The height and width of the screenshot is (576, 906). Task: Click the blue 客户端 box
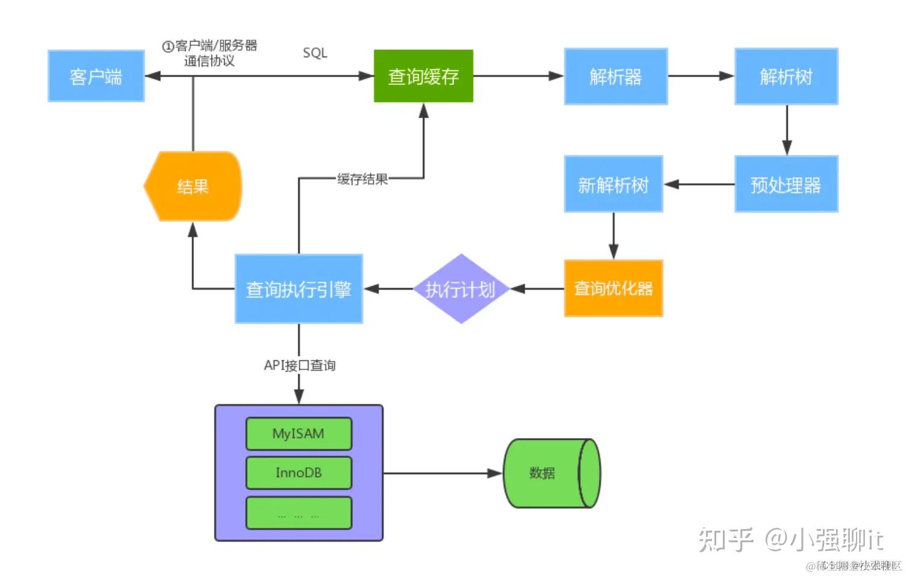click(96, 77)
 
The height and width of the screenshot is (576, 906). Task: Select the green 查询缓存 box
click(423, 77)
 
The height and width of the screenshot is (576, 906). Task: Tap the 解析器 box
click(616, 77)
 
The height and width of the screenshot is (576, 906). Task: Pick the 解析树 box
click(786, 77)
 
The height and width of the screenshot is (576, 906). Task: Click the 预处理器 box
click(786, 184)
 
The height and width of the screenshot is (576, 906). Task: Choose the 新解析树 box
click(613, 184)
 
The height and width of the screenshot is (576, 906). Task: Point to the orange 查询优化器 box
click(613, 289)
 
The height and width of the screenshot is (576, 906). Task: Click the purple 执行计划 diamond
click(461, 289)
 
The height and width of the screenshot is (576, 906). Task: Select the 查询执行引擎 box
click(299, 289)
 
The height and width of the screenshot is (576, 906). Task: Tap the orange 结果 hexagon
click(193, 186)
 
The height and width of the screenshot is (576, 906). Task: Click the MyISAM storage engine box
click(299, 434)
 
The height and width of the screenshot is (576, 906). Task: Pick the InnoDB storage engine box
click(299, 473)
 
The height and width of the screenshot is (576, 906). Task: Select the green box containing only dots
click(299, 513)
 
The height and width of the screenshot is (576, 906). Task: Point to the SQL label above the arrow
click(315, 53)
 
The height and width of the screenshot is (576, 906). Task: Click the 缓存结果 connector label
click(362, 179)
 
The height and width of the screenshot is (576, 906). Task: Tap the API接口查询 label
click(299, 365)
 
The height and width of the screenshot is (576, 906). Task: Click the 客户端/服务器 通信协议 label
click(210, 53)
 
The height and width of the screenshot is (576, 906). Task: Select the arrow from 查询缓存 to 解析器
click(518, 77)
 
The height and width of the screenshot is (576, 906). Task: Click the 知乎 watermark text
click(726, 539)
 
